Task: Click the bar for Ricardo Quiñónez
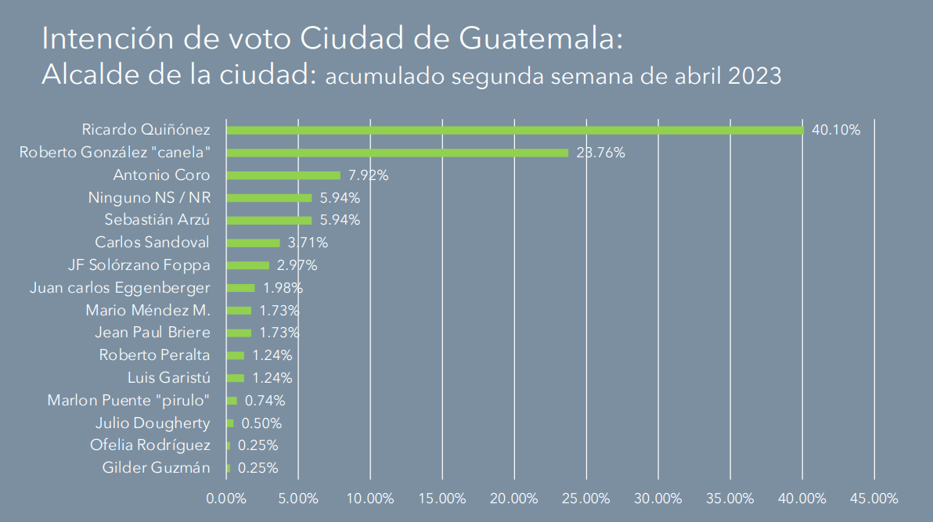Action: point(514,130)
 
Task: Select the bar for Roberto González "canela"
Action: point(397,153)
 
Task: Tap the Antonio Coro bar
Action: point(283,175)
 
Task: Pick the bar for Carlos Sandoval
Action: point(253,243)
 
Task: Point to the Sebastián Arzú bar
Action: point(268,220)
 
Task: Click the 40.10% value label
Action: point(836,130)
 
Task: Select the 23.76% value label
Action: point(600,153)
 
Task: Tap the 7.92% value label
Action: point(367,175)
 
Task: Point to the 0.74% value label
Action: point(265,401)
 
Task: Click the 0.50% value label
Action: point(261,423)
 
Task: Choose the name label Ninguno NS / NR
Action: point(149,198)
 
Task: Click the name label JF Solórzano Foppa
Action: point(140,265)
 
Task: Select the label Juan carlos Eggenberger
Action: point(120,288)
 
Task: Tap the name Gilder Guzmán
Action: point(157,468)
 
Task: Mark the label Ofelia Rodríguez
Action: point(150,445)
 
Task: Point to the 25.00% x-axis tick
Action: point(586,499)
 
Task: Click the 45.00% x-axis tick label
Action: point(874,499)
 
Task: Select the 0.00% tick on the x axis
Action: point(226,499)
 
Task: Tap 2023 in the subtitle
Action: point(754,76)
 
